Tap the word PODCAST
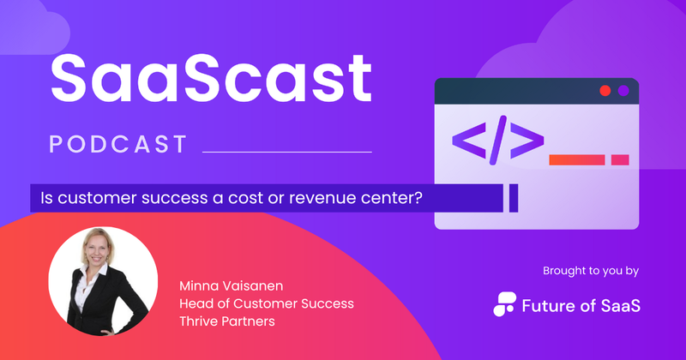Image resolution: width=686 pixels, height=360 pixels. click(117, 144)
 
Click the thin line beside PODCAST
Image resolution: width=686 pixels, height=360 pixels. click(286, 152)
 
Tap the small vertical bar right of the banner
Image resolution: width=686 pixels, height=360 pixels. click(514, 198)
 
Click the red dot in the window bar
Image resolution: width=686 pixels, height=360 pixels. click(605, 90)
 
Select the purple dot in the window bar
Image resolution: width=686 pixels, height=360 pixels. click(623, 90)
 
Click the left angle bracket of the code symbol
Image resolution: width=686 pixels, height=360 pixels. click(466, 142)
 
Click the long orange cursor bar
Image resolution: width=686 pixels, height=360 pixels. click(576, 159)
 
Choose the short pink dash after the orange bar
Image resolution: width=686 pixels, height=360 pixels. click(620, 159)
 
